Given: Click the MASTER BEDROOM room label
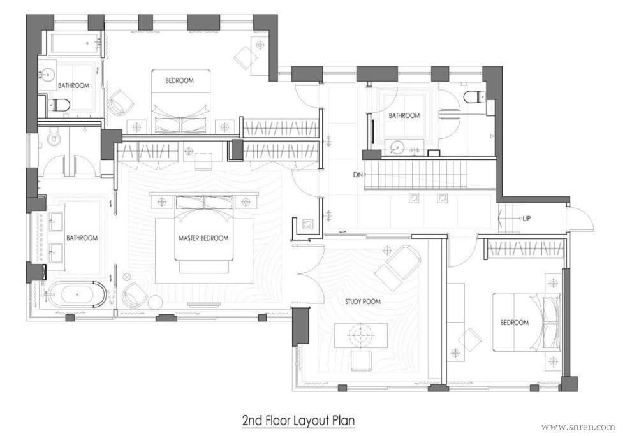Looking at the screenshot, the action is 203,238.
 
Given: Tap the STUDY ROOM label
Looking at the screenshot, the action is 363,302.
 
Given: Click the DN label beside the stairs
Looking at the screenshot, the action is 358,175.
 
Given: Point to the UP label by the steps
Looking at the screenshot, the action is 526,219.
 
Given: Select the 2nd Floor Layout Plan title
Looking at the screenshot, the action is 298,421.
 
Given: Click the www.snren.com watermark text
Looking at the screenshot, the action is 578,427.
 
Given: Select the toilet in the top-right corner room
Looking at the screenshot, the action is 474,96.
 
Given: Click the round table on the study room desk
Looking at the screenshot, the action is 361,335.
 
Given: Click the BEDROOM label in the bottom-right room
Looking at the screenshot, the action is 515,323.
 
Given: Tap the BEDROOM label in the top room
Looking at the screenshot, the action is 180,80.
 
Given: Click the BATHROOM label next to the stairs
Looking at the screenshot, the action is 404,115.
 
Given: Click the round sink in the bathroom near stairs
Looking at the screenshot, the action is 397,147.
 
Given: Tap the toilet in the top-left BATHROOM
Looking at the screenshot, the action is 59,105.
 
